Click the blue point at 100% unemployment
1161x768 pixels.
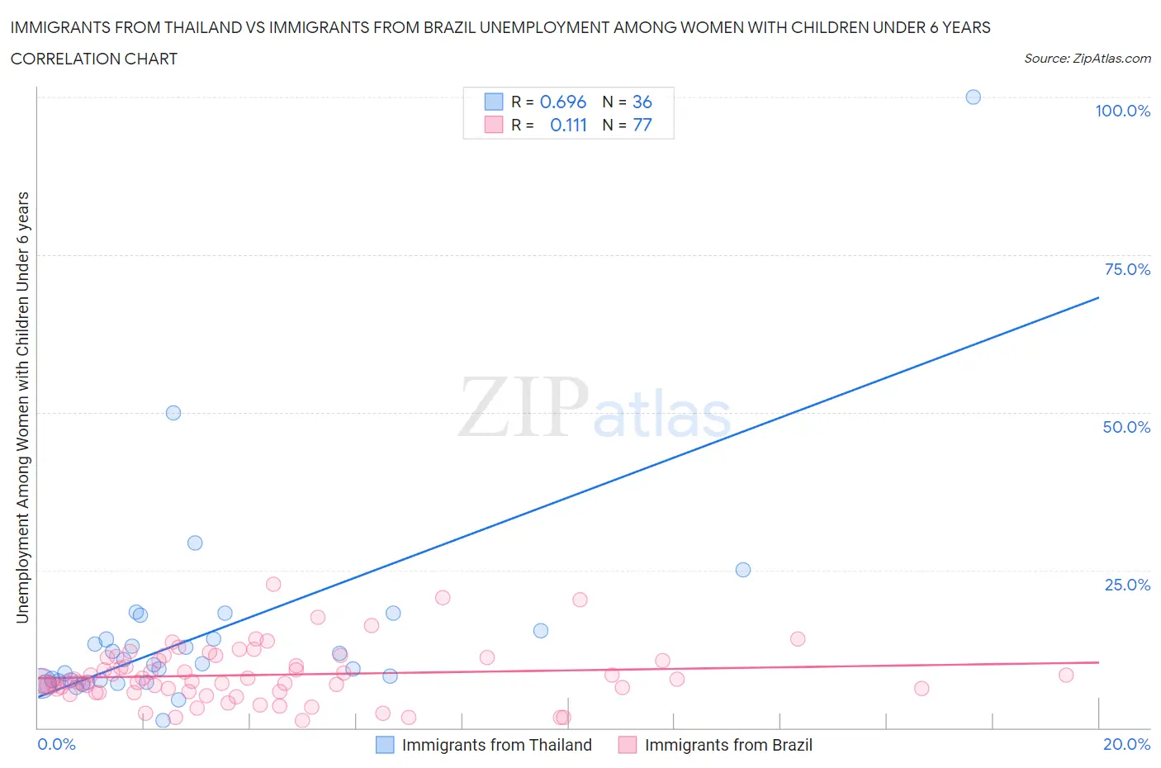[x=973, y=97]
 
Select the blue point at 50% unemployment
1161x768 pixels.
[x=173, y=413]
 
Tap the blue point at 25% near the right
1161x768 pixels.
[x=742, y=570]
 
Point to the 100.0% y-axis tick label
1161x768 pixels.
[x=1122, y=111]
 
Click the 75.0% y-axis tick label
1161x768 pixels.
[x=1127, y=269]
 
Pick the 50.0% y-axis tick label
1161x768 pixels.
[x=1126, y=427]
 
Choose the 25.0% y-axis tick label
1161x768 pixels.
[x=1127, y=585]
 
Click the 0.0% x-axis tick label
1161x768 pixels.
[x=56, y=744]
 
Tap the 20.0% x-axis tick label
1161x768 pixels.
[x=1126, y=744]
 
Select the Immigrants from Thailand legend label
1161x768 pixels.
[x=496, y=745]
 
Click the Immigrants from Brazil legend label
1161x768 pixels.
[x=728, y=745]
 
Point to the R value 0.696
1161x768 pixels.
[x=562, y=102]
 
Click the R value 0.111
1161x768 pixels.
[x=568, y=125]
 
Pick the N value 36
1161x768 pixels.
[x=642, y=102]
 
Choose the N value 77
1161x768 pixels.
[x=642, y=125]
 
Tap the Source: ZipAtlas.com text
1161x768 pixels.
[x=1087, y=58]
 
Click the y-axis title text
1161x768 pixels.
[x=23, y=407]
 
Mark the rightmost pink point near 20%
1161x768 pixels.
[x=1065, y=675]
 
